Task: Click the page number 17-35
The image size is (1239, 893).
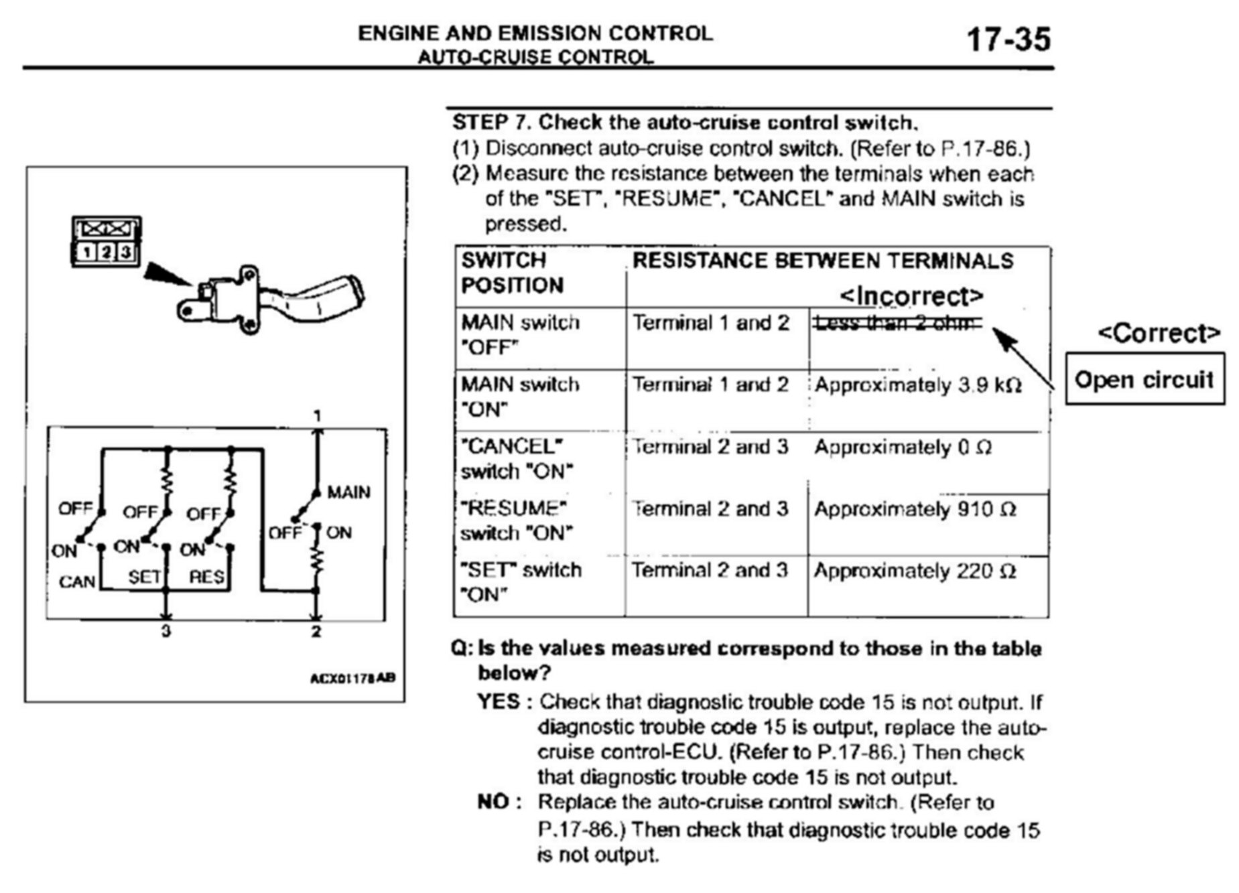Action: [1008, 39]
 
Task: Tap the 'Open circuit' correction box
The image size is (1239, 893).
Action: [1145, 379]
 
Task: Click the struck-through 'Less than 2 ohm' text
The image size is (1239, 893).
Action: [897, 324]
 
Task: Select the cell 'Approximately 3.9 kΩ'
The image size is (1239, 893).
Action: [917, 385]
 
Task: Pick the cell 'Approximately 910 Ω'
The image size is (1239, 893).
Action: [915, 509]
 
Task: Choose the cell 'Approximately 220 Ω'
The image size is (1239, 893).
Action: [915, 571]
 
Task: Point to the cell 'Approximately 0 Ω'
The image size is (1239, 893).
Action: [903, 448]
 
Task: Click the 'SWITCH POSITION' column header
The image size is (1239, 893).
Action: [513, 273]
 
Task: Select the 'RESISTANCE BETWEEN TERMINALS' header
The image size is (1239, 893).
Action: [822, 261]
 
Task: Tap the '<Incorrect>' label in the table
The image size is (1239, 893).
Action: [911, 295]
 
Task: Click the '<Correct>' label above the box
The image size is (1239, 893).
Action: [1159, 333]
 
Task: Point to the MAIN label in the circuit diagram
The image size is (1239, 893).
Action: [348, 492]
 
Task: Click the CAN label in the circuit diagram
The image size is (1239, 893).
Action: [76, 581]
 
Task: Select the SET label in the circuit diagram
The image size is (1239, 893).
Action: [144, 577]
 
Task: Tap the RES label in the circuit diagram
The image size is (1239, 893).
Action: [206, 577]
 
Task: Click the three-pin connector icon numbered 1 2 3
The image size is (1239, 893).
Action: [107, 242]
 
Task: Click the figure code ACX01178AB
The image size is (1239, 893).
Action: [352, 678]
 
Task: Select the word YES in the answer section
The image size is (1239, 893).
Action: [499, 701]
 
